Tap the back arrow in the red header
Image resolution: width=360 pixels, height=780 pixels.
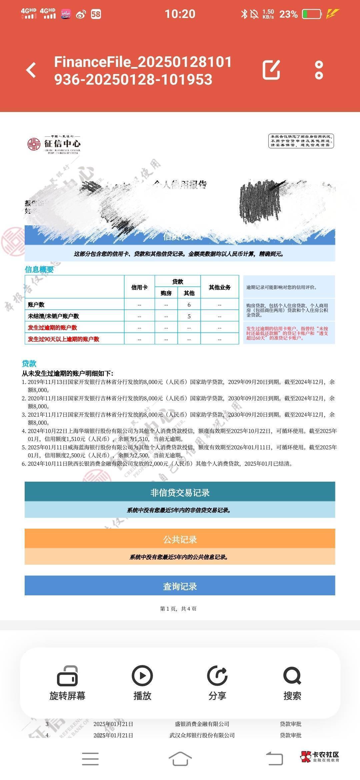pos(31,70)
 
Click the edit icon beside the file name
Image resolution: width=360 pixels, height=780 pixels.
pos(271,70)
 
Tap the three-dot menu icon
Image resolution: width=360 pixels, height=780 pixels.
pos(319,70)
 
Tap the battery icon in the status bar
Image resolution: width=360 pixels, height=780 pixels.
pos(311,14)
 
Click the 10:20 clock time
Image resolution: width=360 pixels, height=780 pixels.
pos(180,14)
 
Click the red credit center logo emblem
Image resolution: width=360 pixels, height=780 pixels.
pos(34,144)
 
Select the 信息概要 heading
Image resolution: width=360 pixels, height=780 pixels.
pos(39,269)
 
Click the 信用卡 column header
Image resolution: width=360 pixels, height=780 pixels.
pos(139,287)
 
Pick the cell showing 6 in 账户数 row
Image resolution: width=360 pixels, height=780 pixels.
pos(189,305)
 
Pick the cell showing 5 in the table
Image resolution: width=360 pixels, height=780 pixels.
pos(189,316)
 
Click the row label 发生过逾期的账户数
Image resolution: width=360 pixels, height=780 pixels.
pos(52,328)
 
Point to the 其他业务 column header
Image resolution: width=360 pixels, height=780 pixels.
pos(219,287)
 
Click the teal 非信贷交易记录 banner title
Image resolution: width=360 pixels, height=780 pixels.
pos(180,492)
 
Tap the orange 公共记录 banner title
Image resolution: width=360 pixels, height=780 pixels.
pos(180,539)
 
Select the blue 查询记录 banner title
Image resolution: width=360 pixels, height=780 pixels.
pos(180,586)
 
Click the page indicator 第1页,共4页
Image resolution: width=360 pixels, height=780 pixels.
pos(178,609)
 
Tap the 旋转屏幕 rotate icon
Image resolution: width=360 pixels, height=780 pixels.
pos(67,676)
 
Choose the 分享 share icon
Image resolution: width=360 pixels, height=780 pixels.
pos(217,676)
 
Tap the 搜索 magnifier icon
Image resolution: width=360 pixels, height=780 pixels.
pos(292,676)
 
